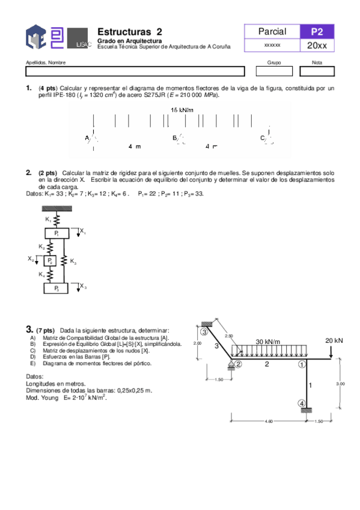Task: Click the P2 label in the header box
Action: [317, 32]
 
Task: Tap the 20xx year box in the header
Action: [317, 46]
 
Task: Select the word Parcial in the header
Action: [272, 32]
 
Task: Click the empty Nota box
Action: [317, 71]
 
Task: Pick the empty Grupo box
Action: [273, 71]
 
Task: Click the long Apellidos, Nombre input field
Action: [135, 71]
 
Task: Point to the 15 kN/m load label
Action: [182, 110]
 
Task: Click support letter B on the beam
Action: [175, 138]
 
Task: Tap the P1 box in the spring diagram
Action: [56, 232]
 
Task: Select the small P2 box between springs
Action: [50, 260]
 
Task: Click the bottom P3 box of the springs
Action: [56, 289]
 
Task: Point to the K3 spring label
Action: [73, 262]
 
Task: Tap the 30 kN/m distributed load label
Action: [268, 342]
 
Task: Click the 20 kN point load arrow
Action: [332, 352]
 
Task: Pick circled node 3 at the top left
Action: [204, 331]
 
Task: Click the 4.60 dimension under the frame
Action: [268, 422]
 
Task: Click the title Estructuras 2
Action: [129, 31]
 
